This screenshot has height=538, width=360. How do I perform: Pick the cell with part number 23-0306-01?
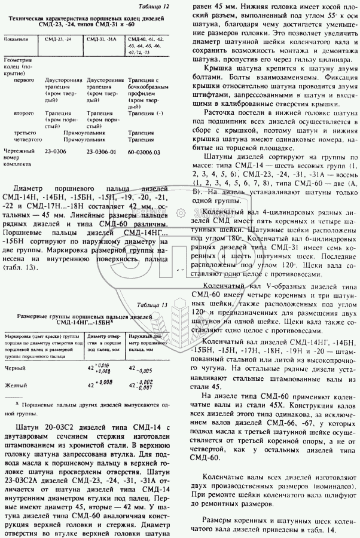pos(101,152)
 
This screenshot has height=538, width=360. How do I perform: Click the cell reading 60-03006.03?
pos(145,152)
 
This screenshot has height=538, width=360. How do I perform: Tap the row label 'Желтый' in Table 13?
pos(16,384)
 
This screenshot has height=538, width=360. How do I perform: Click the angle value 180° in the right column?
pos(229,237)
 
